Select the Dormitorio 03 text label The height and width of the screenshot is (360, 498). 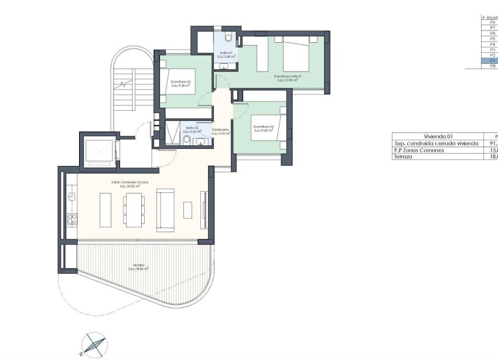click(x=263, y=128)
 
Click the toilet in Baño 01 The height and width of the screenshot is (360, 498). click(x=229, y=39)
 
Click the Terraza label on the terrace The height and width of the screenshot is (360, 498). click(x=138, y=267)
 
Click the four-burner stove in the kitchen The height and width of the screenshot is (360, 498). click(x=71, y=220)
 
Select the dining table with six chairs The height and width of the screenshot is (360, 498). click(x=134, y=209)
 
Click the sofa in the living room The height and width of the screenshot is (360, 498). click(x=166, y=209)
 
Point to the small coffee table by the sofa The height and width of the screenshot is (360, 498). click(x=187, y=209)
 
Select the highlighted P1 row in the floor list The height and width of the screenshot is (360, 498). click(x=489, y=61)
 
